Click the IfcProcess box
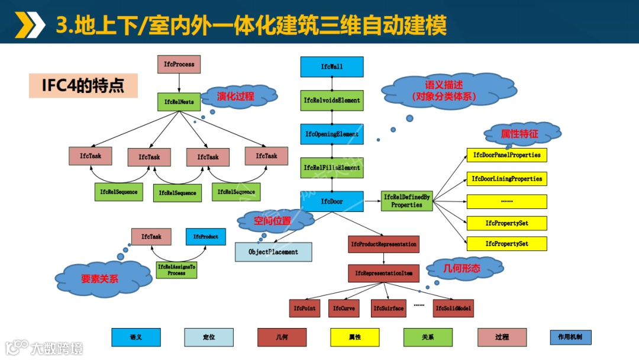pos(179,64)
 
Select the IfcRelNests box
pos(179,102)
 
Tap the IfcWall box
pos(331,67)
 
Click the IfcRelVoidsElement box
pos(331,101)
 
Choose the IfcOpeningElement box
pos(331,134)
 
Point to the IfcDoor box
pos(331,202)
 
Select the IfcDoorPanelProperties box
pos(506,155)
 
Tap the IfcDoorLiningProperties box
pos(506,178)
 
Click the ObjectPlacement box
pos(273,252)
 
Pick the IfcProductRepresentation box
pos(383,244)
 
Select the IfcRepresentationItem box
pos(383,273)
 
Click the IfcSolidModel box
pos(454,308)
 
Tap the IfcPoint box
pos(305,308)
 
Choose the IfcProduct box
pos(205,237)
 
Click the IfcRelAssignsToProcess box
pos(176,270)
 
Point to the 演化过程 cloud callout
pos(235,97)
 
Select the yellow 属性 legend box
pos(355,337)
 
